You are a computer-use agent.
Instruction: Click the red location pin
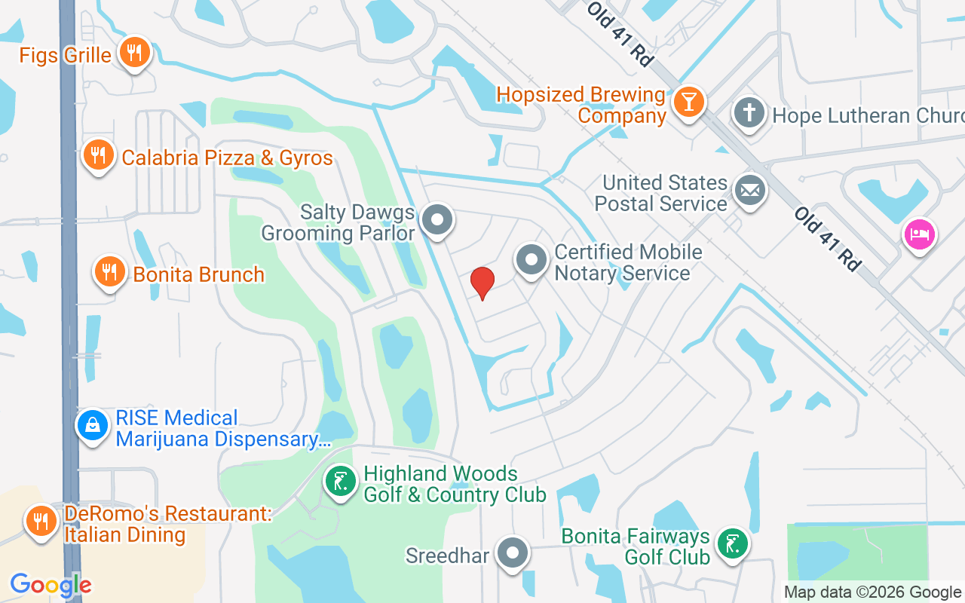(x=482, y=283)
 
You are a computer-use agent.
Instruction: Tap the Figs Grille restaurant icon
(x=135, y=52)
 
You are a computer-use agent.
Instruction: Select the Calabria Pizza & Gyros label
(x=227, y=158)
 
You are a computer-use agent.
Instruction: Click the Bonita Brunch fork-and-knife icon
(x=110, y=271)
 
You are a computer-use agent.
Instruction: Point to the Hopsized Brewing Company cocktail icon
(x=688, y=101)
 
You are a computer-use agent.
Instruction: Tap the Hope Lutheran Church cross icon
(x=749, y=114)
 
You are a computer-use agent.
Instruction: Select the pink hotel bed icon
(x=918, y=234)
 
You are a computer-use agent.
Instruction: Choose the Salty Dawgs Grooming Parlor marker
(x=437, y=221)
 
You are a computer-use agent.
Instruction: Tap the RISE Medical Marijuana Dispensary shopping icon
(x=93, y=425)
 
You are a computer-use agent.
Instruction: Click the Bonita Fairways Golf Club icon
(x=731, y=544)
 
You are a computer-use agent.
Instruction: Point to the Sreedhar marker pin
(x=513, y=554)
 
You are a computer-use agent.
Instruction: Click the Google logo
(x=51, y=585)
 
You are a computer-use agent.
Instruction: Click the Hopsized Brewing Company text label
(x=581, y=106)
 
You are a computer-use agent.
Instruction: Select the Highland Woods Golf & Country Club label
(x=455, y=484)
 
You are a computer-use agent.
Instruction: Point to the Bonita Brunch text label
(x=199, y=274)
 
